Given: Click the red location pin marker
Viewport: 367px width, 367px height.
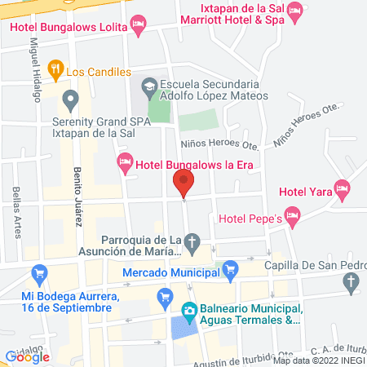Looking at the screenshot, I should (x=183, y=182).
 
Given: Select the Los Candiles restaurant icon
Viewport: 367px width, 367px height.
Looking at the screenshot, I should (x=55, y=70).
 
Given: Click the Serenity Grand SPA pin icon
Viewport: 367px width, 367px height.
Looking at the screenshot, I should (x=71, y=101).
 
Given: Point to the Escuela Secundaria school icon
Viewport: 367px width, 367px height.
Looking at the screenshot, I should (x=150, y=85).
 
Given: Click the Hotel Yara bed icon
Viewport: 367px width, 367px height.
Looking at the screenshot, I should (x=343, y=190).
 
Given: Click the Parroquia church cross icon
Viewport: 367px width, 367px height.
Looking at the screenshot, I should (x=193, y=241).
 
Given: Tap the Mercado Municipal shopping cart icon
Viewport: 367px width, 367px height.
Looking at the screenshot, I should (x=231, y=266).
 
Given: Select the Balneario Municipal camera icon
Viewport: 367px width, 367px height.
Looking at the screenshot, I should (x=188, y=309).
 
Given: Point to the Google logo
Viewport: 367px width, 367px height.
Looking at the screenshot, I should (x=27, y=356).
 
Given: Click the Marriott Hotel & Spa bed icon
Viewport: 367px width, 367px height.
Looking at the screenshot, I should (x=294, y=11).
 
